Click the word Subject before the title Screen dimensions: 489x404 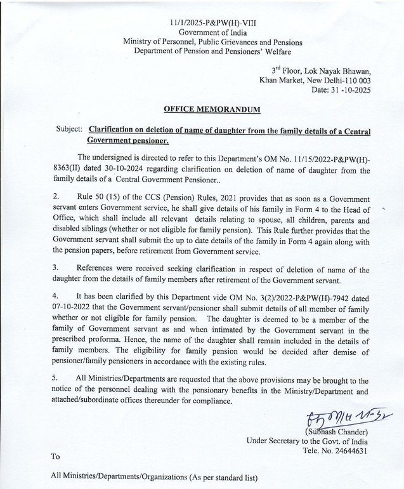(68, 128)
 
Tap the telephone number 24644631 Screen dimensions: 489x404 (346, 451)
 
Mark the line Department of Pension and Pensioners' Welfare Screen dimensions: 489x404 (212, 52)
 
